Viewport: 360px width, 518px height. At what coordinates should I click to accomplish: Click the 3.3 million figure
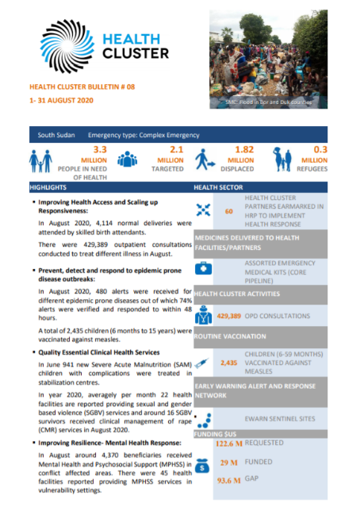pyautogui.click(x=99, y=149)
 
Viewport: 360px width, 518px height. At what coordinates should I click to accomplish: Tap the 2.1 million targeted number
pyautogui.click(x=177, y=149)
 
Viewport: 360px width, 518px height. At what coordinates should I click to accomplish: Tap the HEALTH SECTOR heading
pyautogui.click(x=218, y=188)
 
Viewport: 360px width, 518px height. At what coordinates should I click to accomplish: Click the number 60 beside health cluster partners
pyautogui.click(x=228, y=212)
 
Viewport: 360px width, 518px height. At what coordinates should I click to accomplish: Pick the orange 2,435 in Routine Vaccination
pyautogui.click(x=228, y=362)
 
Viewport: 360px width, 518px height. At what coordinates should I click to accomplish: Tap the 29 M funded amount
pyautogui.click(x=229, y=461)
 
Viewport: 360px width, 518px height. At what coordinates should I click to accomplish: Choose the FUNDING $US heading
pyautogui.click(x=218, y=434)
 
